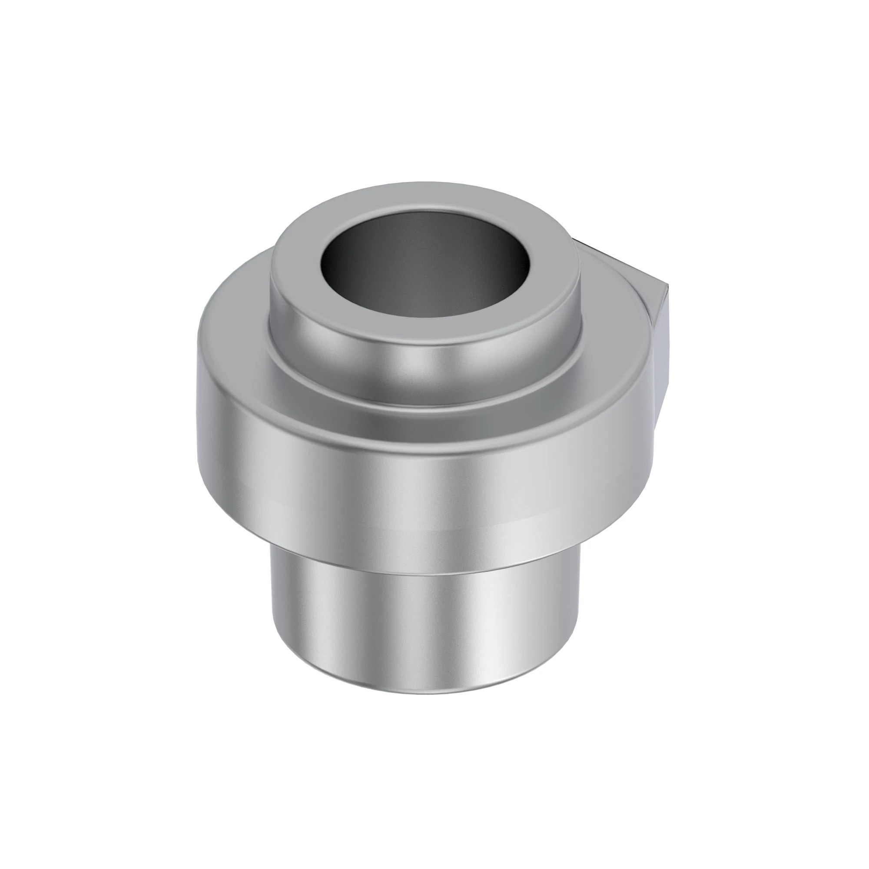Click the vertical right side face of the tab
pos(661,342)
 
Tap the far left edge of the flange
pos(199,360)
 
